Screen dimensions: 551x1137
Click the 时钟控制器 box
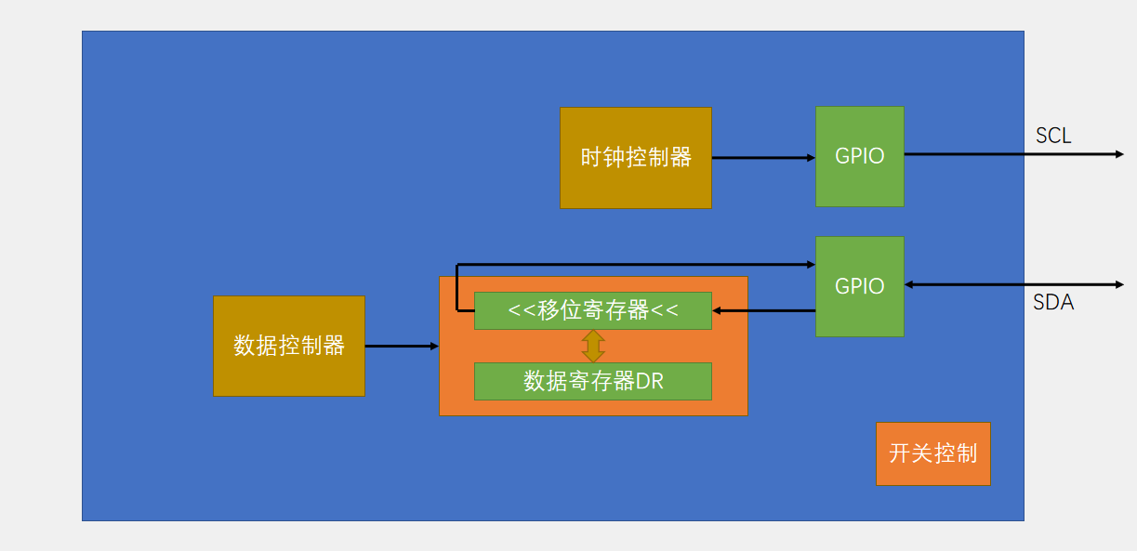(635, 158)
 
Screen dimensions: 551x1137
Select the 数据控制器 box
(288, 346)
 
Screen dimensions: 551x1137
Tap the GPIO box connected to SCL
(860, 156)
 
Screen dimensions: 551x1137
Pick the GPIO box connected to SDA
(860, 286)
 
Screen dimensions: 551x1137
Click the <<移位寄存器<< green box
(592, 310)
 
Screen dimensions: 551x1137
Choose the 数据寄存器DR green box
(592, 381)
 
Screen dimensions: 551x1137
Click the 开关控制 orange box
(932, 453)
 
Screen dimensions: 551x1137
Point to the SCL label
(1053, 136)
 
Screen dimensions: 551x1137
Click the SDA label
(1053, 302)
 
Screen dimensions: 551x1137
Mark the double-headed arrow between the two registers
(593, 346)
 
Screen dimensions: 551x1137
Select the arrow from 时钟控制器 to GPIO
(762, 158)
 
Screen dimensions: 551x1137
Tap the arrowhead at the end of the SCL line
(1119, 154)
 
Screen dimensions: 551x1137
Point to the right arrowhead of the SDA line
(1119, 284)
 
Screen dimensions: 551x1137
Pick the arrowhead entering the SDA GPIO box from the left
(811, 265)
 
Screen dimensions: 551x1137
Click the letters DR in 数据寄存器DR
(650, 381)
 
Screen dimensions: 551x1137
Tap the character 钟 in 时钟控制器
(614, 158)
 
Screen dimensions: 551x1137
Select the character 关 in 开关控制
(921, 453)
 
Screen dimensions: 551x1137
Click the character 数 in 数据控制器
(245, 347)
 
